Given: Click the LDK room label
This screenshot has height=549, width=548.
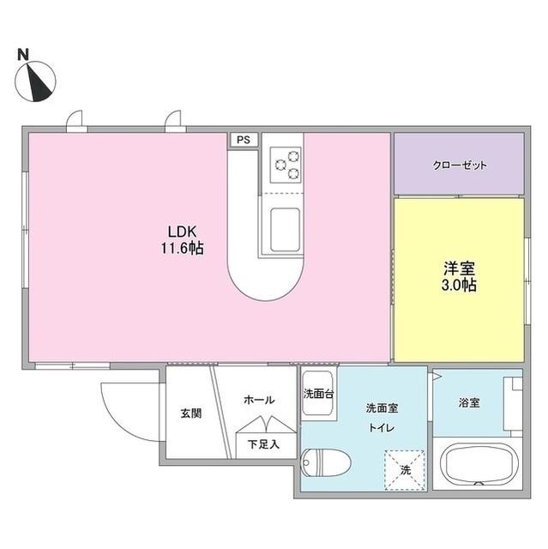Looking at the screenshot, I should point(182,231).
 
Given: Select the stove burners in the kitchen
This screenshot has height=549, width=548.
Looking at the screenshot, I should point(286,164).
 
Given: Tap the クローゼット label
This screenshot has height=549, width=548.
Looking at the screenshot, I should point(459,165).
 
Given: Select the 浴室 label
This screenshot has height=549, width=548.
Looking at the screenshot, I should point(468,402).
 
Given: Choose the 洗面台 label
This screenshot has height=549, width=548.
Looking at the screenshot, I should point(318,395).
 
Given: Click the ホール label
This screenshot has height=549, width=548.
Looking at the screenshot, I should point(260,400).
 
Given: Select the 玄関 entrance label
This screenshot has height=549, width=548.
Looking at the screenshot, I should point(190,413).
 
